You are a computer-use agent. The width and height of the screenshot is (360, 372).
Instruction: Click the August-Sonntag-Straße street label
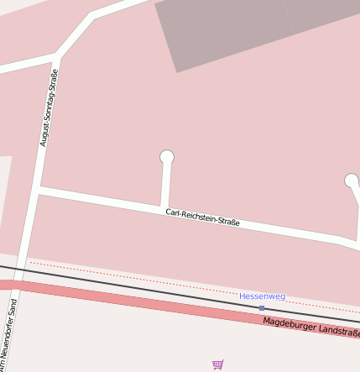coord(50,108)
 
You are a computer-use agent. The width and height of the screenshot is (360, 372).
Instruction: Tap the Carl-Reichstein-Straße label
coord(202,217)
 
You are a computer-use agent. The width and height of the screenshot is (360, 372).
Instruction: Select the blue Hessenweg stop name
coord(262,296)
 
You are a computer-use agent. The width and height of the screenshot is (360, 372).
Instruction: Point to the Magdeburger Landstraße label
coord(310,326)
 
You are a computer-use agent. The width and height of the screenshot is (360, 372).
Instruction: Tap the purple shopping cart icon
coord(218,364)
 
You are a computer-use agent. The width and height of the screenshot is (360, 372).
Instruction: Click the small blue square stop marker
coord(262,308)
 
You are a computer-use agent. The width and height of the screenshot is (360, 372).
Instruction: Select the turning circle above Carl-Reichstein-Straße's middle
coord(167,157)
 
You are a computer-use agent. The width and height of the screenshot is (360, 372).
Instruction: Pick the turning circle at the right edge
coord(352,181)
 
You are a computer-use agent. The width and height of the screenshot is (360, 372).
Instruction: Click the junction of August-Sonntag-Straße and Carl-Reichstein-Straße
coord(38,191)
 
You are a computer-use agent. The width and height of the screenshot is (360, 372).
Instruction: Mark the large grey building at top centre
coord(222,34)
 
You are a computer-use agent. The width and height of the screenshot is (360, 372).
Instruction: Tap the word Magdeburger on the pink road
coord(286,323)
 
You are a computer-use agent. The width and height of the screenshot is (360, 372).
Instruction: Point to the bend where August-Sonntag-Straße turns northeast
coord(57,57)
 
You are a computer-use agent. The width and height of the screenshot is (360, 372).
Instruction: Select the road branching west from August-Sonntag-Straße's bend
coord(25,65)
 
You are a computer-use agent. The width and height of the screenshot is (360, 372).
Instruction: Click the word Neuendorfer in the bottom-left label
coord(8,344)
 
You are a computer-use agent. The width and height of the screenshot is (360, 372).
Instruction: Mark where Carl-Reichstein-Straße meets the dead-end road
coord(164,207)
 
